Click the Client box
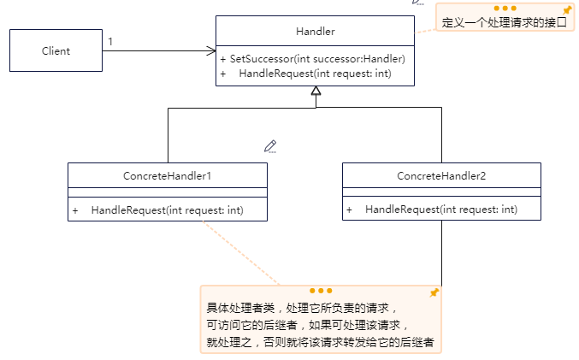[x=56, y=51]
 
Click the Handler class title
[x=315, y=32]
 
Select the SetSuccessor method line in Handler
[x=312, y=59]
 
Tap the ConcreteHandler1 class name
[x=168, y=175]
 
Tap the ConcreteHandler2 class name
[x=441, y=175]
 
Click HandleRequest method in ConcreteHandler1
[x=167, y=210]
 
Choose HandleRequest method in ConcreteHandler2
[x=440, y=210]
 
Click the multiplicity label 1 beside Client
[x=110, y=40]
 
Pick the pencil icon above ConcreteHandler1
[x=270, y=146]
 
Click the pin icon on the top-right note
[x=566, y=10]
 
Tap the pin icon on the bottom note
[x=434, y=292]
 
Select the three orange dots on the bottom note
[x=321, y=291]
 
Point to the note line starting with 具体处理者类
[x=301, y=308]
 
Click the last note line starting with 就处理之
[x=320, y=342]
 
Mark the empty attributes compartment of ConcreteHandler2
[x=441, y=192]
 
